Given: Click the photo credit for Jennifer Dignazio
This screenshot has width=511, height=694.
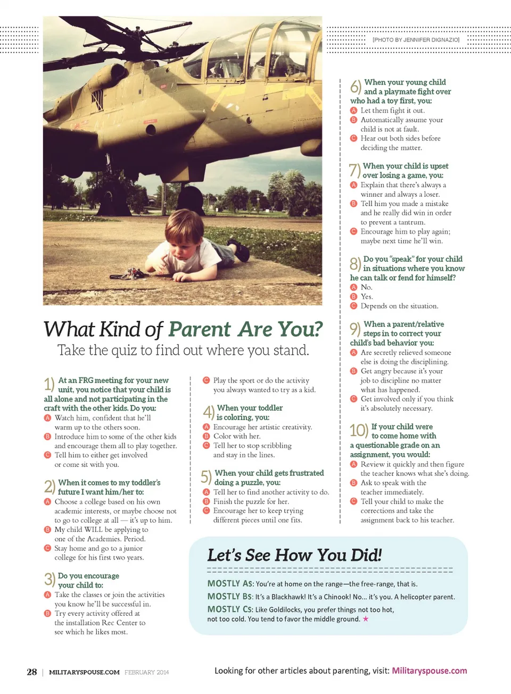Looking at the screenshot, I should tap(416, 40).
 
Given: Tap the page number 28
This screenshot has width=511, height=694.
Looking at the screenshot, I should tap(32, 672).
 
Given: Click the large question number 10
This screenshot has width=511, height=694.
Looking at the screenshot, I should tap(359, 430).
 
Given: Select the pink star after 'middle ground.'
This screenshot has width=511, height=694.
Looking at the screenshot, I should tap(366, 619).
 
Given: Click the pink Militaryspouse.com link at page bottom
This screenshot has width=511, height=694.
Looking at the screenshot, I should tap(430, 671).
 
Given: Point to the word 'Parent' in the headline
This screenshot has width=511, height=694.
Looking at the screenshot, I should tap(200, 330).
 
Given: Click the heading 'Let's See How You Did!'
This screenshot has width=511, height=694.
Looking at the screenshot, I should tap(294, 555).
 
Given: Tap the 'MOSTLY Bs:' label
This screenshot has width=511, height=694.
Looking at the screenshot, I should tap(230, 597).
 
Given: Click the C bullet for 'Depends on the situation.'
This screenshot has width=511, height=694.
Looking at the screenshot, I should tap(353, 306).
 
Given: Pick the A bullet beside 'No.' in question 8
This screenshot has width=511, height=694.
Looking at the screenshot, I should tap(353, 287).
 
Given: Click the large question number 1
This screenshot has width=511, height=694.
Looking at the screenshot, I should tap(49, 384).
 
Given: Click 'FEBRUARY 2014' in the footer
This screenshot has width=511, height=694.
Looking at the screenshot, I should tap(146, 672).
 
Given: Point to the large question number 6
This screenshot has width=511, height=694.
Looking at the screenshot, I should tap(356, 86).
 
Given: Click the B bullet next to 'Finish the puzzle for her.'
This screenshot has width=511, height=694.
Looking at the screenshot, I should tap(207, 501).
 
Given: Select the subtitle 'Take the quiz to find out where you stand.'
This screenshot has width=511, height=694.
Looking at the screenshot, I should tap(183, 350).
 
